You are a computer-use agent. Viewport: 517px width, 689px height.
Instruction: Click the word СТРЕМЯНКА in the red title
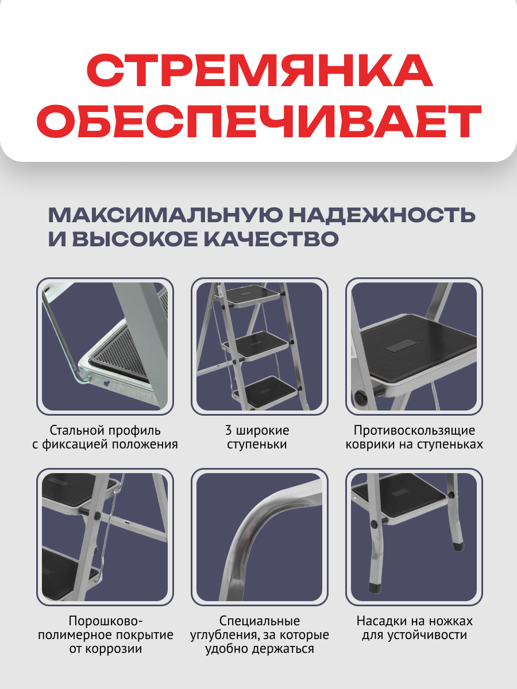tap(258, 71)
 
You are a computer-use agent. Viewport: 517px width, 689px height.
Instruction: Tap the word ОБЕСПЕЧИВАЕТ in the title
tap(258, 122)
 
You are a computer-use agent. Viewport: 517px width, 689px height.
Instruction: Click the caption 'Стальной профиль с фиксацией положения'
tap(105, 437)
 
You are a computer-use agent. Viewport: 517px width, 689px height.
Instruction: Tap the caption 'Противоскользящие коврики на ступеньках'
tap(414, 437)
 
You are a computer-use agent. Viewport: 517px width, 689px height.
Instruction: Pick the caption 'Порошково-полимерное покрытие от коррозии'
tap(105, 635)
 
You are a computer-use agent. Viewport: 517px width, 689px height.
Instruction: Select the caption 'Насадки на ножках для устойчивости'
tap(414, 628)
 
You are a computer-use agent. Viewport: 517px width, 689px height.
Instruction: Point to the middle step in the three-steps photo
tap(258, 343)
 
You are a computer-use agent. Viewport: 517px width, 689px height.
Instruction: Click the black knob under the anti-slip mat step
tap(361, 397)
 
